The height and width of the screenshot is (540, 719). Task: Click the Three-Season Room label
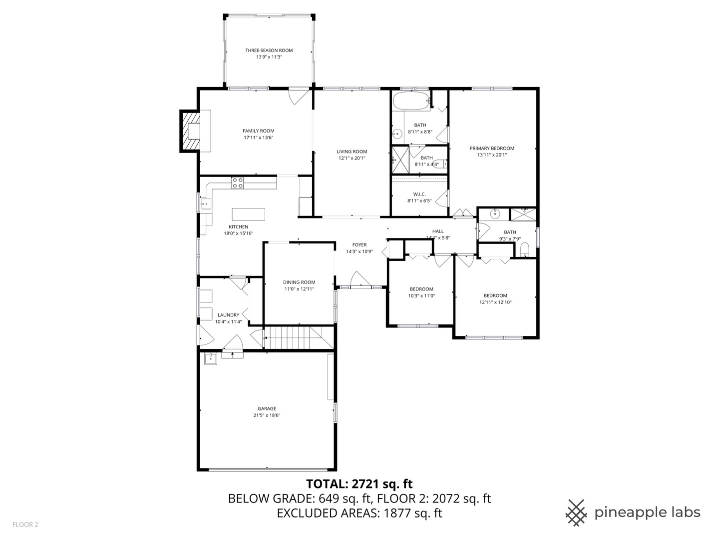[x=269, y=50]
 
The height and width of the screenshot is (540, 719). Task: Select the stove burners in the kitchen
[x=238, y=183]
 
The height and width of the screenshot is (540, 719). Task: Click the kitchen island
[x=249, y=214]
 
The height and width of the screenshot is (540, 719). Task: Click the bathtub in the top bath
[x=410, y=101]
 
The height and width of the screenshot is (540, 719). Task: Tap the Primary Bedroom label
[x=492, y=148]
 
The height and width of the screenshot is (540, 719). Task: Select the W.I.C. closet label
[x=419, y=194]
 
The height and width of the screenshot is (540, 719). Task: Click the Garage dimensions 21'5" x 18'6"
[x=267, y=415]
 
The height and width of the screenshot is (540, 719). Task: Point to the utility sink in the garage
[x=210, y=358]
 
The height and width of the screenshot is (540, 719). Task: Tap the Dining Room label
[x=299, y=282]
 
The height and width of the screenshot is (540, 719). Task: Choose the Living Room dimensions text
[x=352, y=158]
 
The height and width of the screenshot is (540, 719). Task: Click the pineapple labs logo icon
[x=576, y=512]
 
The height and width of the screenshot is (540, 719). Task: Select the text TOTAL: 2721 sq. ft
[x=359, y=483]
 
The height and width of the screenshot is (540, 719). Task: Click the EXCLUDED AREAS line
[x=359, y=513]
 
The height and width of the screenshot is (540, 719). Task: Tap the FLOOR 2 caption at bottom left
[x=25, y=524]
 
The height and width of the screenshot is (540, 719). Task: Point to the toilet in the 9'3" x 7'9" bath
[x=524, y=249]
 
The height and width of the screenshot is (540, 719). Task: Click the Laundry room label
[x=228, y=315]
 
